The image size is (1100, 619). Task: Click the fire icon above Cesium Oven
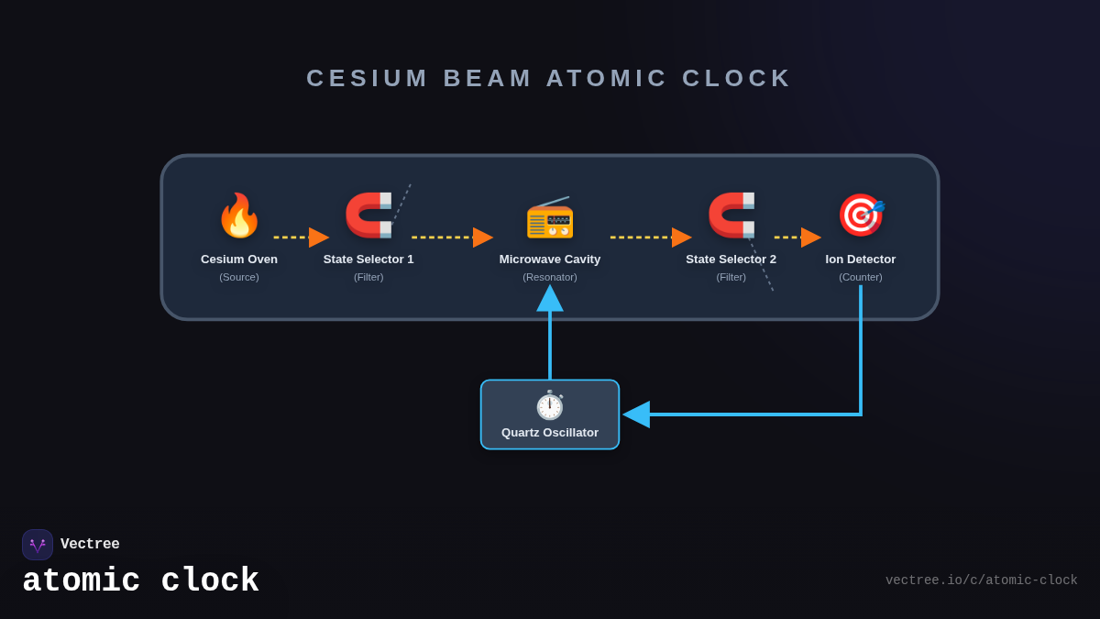point(239,216)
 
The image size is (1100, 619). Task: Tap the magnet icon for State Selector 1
point(368,216)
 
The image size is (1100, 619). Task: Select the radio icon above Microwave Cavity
point(550,217)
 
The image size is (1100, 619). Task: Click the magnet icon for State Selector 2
point(731,216)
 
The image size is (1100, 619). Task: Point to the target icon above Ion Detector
point(861,216)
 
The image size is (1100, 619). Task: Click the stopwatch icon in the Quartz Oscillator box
point(550,405)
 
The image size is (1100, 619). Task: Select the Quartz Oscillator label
point(550,433)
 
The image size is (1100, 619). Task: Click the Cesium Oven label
point(239,260)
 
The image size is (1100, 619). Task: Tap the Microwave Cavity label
point(550,260)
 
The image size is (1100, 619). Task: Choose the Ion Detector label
point(861,260)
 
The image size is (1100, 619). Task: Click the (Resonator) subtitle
point(550,277)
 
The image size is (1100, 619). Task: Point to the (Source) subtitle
point(239,277)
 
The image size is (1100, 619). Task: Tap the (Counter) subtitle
point(861,277)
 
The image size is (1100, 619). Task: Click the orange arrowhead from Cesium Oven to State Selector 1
point(318,238)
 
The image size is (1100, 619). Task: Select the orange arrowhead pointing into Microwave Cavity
point(482,238)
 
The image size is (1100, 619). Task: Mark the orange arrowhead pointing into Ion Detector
point(810,238)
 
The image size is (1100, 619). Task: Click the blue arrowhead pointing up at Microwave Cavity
point(550,299)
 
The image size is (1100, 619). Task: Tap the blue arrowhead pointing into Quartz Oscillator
point(637,415)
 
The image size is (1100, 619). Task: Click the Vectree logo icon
point(38,545)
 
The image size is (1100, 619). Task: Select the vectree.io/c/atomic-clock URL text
point(981,580)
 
